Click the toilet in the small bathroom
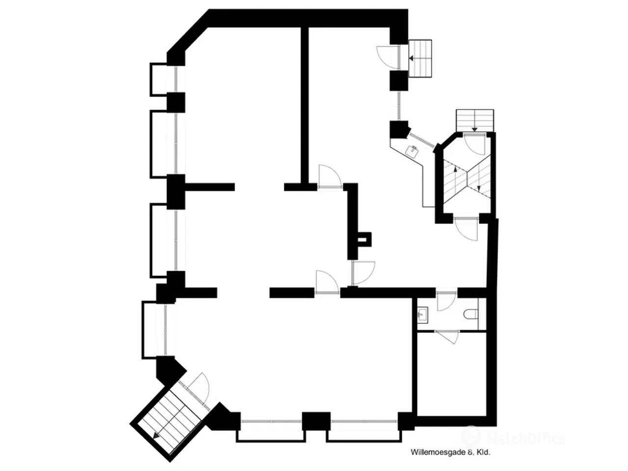click(x=471, y=314)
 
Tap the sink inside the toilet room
click(x=423, y=314)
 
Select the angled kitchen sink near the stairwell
click(x=413, y=151)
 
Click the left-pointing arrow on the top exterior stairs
click(x=413, y=58)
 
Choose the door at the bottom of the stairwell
click(x=466, y=228)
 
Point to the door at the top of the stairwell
click(x=474, y=144)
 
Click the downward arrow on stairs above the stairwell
click(x=474, y=129)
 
